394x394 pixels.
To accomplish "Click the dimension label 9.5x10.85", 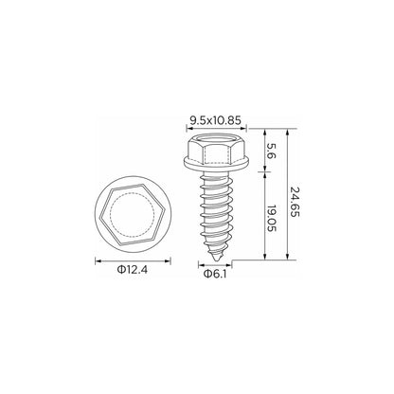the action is coord(215,120).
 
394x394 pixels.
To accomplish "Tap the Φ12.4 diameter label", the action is coord(133,270).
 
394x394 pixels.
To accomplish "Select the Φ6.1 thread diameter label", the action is coord(215,274).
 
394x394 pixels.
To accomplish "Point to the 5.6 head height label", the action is coord(272,152).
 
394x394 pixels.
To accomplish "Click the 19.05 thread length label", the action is coord(272,218).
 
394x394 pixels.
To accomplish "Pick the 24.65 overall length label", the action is coord(295,202).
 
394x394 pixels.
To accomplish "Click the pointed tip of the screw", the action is coord(217,260).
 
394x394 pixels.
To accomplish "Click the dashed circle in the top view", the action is coord(133,193).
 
